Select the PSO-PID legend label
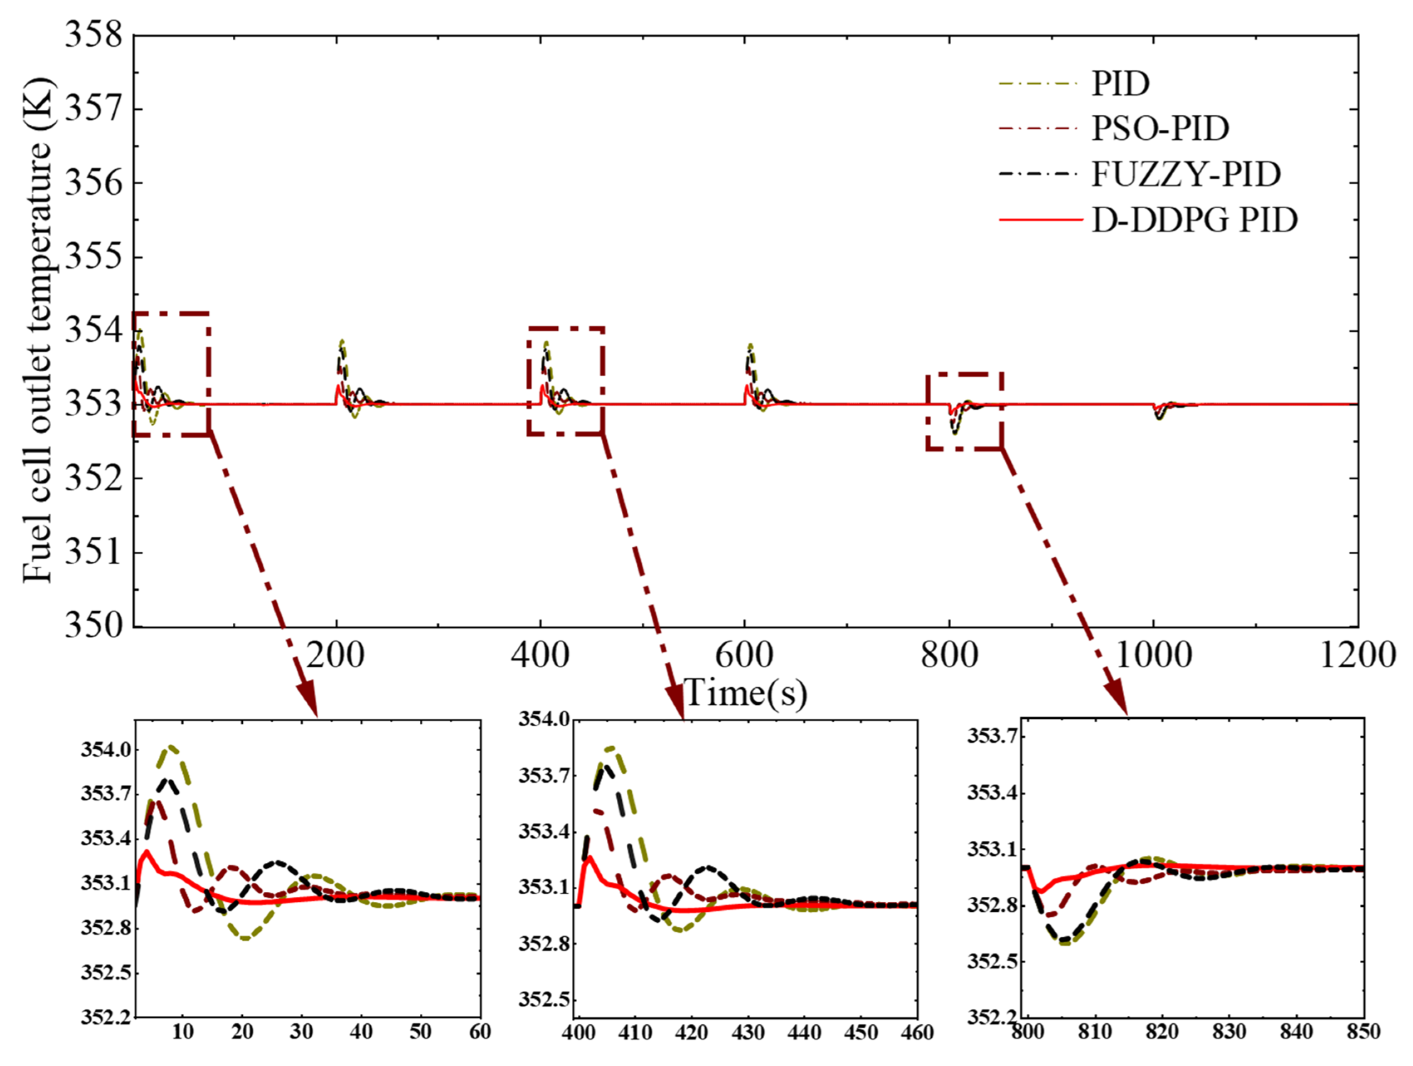(1160, 128)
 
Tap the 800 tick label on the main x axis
(949, 656)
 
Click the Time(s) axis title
(745, 693)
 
